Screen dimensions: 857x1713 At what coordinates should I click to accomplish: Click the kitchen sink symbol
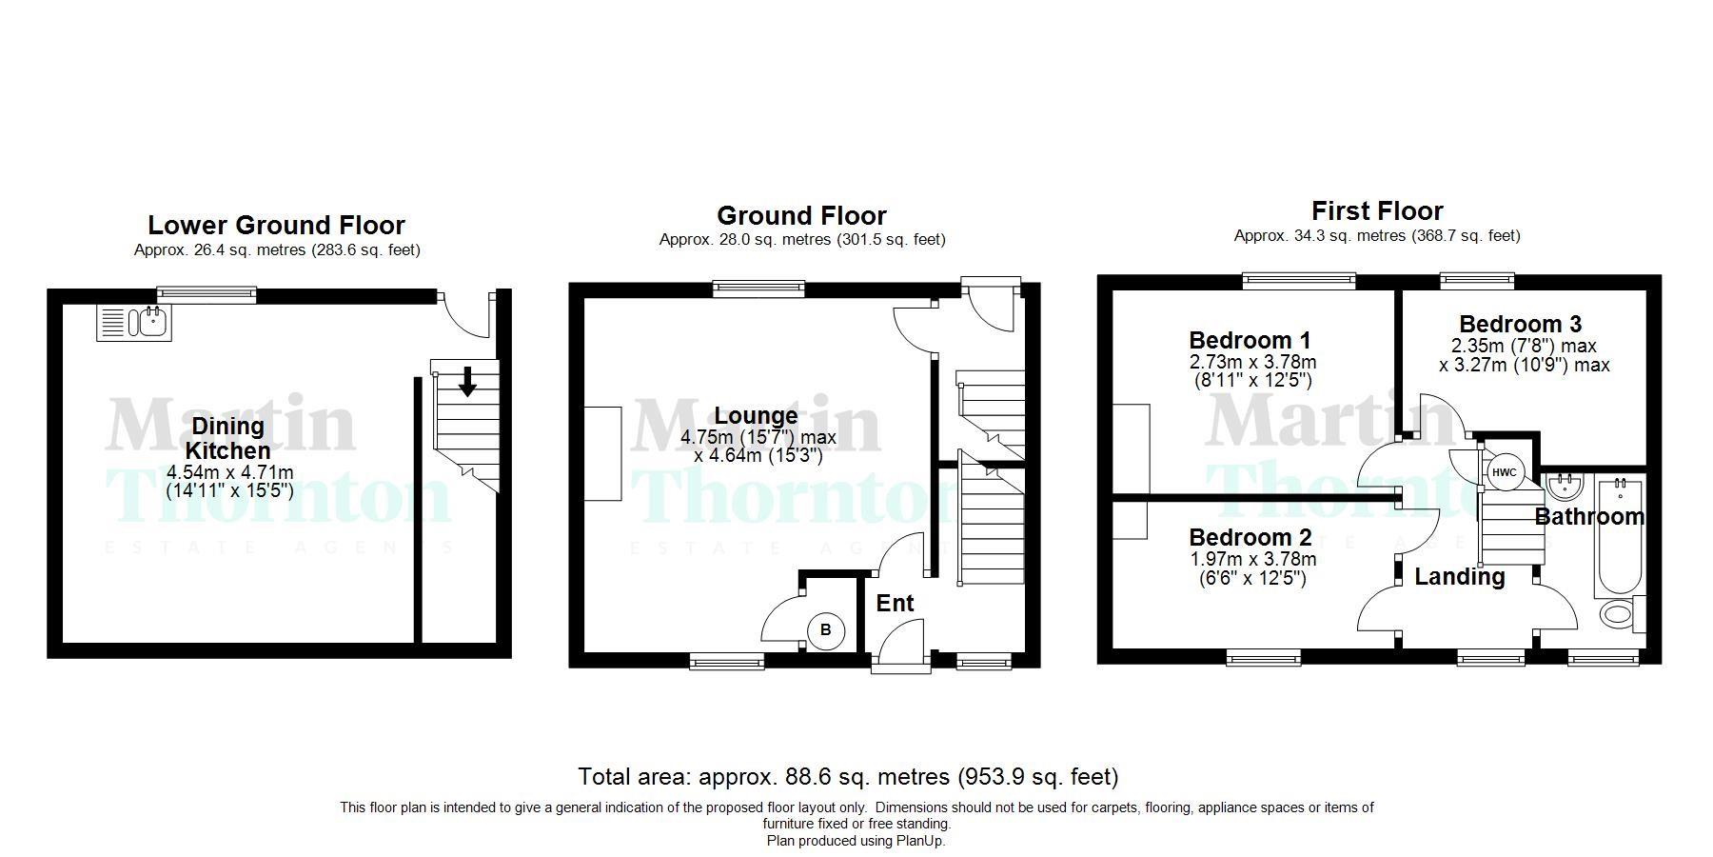[x=134, y=323]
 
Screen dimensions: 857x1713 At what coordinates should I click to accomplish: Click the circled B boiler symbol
[x=825, y=629]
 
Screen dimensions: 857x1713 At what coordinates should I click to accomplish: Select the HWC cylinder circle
[x=1504, y=472]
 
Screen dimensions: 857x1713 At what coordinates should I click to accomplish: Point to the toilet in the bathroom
[x=1618, y=613]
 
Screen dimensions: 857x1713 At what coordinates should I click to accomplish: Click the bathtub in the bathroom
[x=1619, y=538]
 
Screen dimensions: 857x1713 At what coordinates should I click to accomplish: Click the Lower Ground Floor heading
[x=276, y=226]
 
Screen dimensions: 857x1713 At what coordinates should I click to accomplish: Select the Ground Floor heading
[x=801, y=216]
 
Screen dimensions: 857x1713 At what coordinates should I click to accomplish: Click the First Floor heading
[x=1377, y=210]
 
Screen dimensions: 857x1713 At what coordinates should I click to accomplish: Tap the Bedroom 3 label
[x=1520, y=324]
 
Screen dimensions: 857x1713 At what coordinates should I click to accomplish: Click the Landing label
[x=1459, y=577]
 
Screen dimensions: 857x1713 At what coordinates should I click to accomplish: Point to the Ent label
[x=895, y=603]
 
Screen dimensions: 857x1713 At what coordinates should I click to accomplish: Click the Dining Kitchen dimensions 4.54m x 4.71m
[x=229, y=472]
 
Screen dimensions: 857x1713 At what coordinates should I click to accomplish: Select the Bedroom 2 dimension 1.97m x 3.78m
[x=1252, y=559]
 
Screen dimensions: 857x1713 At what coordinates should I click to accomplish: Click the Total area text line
[x=848, y=777]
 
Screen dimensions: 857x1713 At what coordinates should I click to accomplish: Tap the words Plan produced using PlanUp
[x=856, y=841]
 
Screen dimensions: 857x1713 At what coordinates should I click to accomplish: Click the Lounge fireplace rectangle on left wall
[x=602, y=453]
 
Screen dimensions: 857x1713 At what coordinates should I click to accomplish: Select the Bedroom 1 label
[x=1250, y=340]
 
